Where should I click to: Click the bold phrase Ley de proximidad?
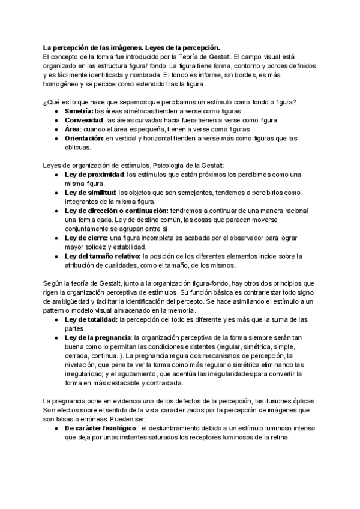click(x=93, y=174)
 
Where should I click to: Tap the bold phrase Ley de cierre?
click(x=84, y=238)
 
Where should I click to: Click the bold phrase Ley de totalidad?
click(x=91, y=319)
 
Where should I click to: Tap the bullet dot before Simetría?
click(x=56, y=112)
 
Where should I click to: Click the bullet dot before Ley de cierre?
click(x=56, y=238)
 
